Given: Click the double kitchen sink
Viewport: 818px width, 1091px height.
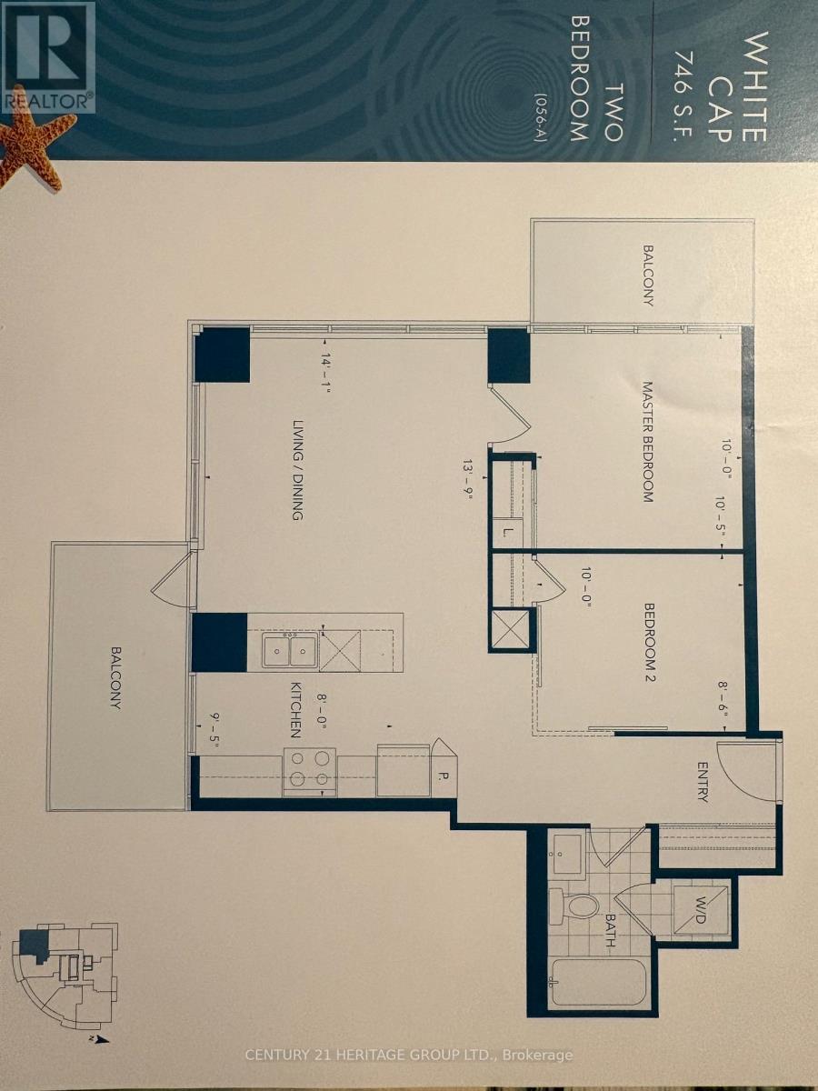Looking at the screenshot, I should tap(290, 651).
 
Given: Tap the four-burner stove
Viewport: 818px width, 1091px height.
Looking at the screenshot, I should tap(310, 771).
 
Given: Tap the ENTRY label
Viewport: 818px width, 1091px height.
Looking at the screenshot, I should tap(702, 783).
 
